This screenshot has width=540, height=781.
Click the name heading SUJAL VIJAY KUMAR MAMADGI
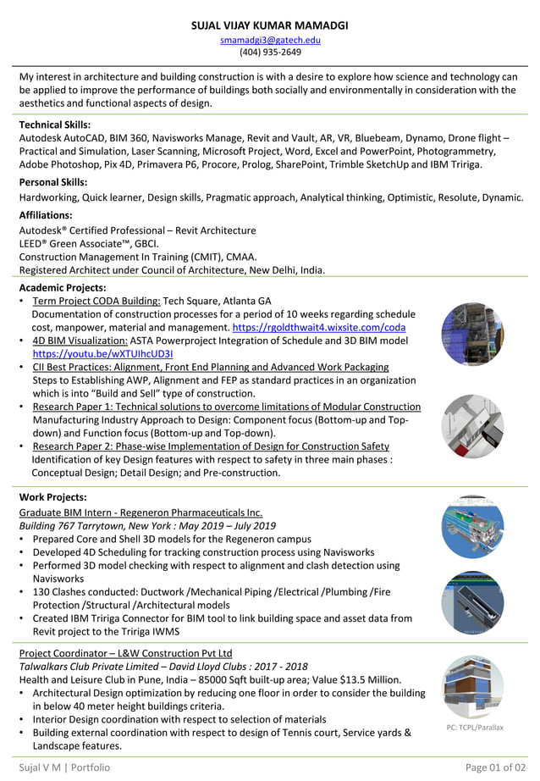(x=270, y=25)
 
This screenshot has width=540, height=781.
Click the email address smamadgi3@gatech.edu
(x=270, y=40)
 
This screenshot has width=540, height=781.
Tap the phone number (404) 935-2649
(x=270, y=52)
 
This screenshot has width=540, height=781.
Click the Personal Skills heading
(x=52, y=182)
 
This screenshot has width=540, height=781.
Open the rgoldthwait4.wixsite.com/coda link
(x=318, y=327)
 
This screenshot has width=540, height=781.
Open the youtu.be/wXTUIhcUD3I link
(x=102, y=354)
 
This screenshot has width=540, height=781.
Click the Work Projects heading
(x=52, y=497)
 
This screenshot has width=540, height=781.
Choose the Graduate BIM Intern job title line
(x=141, y=512)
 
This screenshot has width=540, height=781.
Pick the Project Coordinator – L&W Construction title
(x=125, y=654)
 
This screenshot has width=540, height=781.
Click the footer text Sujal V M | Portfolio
(x=64, y=767)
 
